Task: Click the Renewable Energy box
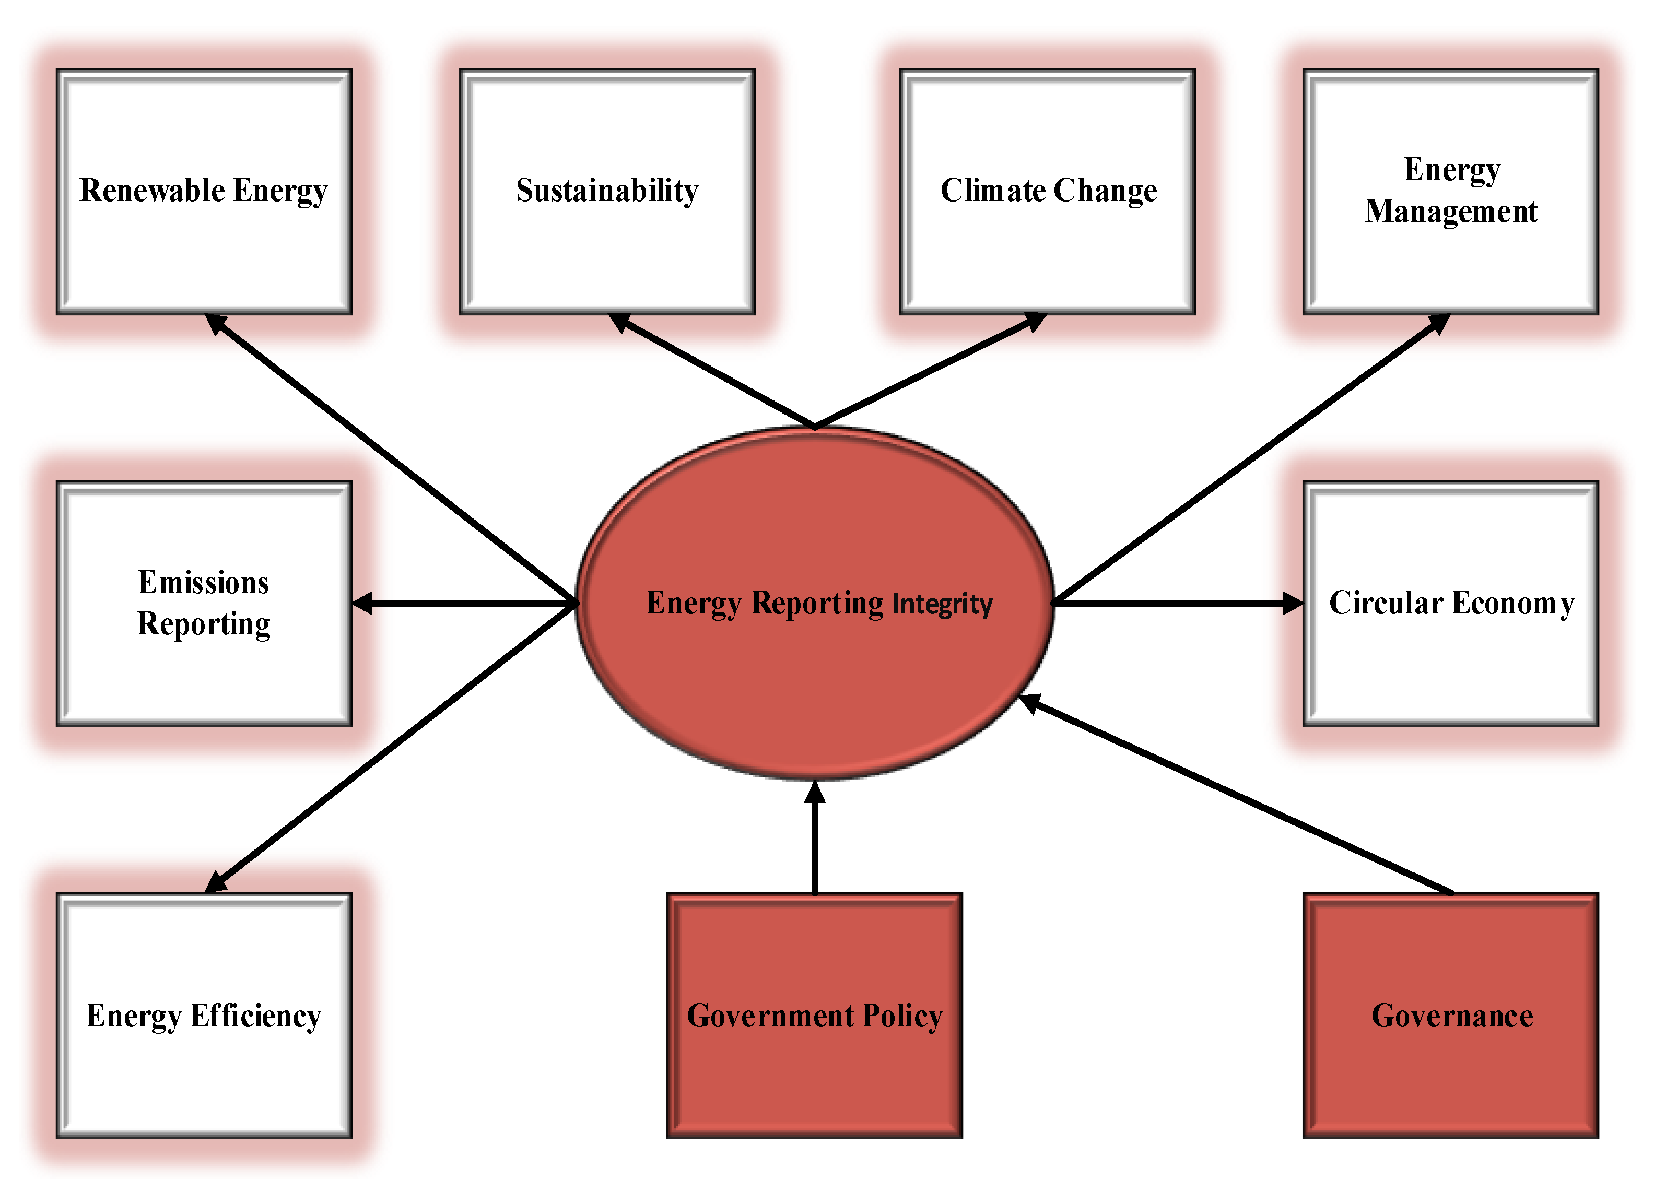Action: click(x=204, y=192)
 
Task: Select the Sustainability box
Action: click(x=607, y=192)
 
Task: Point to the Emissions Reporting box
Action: click(x=204, y=604)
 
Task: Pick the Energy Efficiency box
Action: click(x=204, y=1016)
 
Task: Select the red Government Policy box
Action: click(x=815, y=1016)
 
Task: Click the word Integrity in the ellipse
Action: click(x=942, y=605)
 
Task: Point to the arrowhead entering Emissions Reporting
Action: click(x=363, y=604)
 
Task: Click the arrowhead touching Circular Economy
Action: click(x=1292, y=603)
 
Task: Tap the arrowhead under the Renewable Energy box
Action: click(x=215, y=323)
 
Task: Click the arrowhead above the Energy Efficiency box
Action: click(x=216, y=883)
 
